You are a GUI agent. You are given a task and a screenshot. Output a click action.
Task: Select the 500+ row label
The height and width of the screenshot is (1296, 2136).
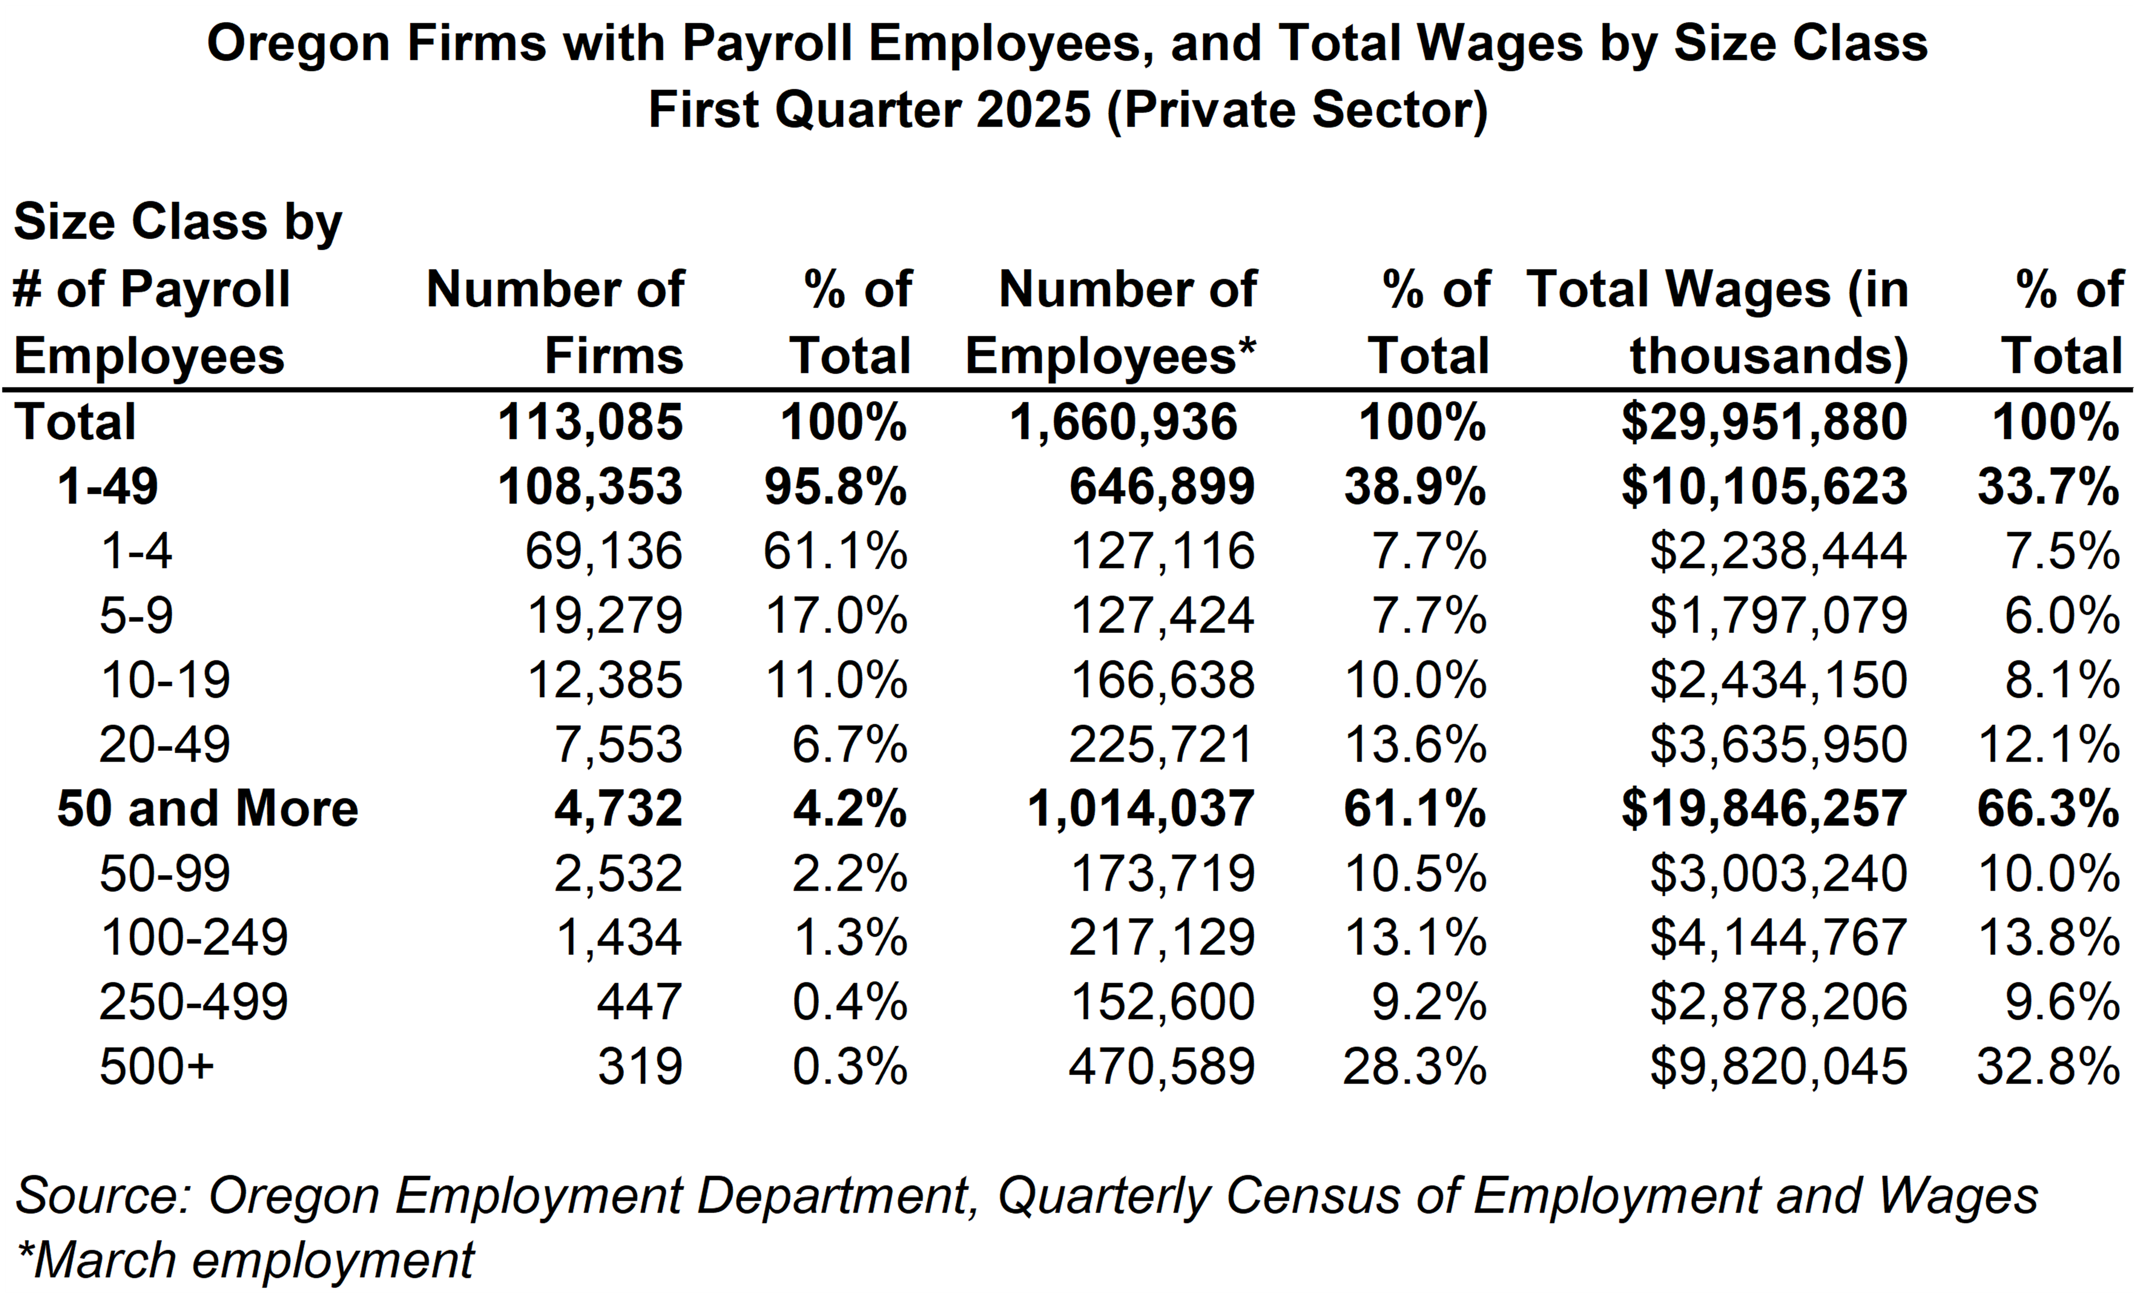pyautogui.click(x=156, y=1066)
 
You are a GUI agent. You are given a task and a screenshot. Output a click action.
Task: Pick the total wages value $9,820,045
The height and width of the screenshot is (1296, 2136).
pyautogui.click(x=1778, y=1066)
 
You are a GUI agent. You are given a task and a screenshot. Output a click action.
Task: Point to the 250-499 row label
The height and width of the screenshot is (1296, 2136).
pyautogui.click(x=193, y=1002)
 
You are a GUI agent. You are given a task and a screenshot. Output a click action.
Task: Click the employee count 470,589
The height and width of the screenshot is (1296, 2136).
pyautogui.click(x=1161, y=1066)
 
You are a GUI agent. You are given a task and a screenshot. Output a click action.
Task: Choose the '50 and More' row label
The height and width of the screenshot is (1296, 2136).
pyautogui.click(x=207, y=809)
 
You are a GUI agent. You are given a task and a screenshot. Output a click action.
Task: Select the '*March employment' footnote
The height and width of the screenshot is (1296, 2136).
pyautogui.click(x=245, y=1259)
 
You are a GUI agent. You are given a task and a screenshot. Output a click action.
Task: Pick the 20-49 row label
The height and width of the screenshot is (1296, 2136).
pyautogui.click(x=165, y=745)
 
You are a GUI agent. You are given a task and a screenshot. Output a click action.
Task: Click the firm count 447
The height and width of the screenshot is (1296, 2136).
pyautogui.click(x=639, y=1002)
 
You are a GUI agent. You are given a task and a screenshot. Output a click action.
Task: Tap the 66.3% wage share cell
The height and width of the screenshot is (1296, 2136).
pyautogui.click(x=2048, y=809)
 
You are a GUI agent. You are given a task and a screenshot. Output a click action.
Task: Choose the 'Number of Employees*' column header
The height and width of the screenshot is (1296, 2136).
pyautogui.click(x=1111, y=322)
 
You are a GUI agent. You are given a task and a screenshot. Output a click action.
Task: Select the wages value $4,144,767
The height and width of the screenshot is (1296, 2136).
pyautogui.click(x=1778, y=937)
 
